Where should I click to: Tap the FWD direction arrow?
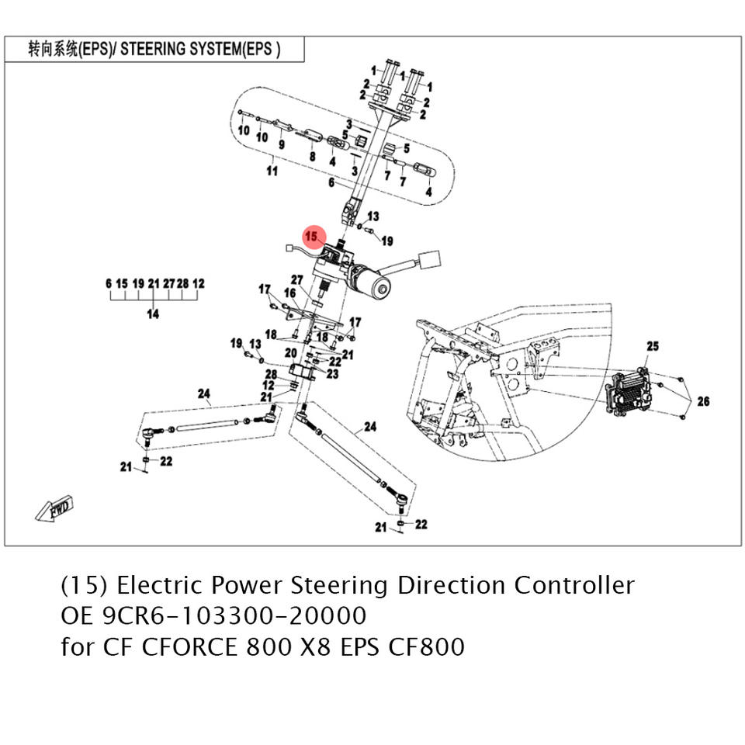[54, 509]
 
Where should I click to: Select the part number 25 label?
[652, 345]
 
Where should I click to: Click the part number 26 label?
[703, 401]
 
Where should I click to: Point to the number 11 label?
[272, 171]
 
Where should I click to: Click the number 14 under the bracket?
[153, 314]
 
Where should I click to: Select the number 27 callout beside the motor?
[296, 279]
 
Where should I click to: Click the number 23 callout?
[333, 374]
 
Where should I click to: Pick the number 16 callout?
[290, 293]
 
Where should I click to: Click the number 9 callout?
[280, 144]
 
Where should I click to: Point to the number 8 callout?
[312, 156]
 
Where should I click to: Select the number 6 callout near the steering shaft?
[331, 183]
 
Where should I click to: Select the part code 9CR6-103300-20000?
[234, 615]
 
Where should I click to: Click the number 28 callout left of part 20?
[271, 375]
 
